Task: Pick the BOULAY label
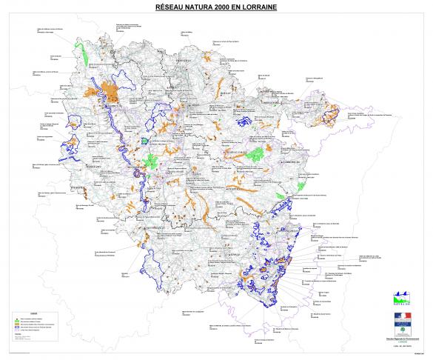[226, 95]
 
